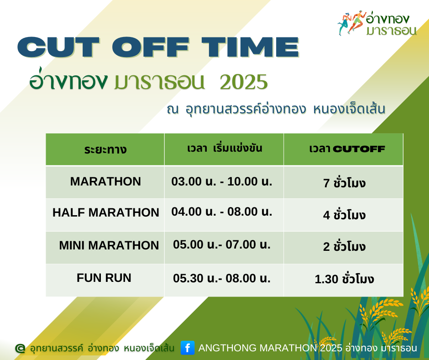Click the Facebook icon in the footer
pos(188,348)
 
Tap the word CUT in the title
pos(58,47)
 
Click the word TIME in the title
pos(251,47)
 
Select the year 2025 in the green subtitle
pos(244,82)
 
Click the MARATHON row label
pos(105,181)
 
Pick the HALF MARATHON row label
pos(106,212)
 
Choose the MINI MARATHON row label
pos(109,245)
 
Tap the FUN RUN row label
pos(104,278)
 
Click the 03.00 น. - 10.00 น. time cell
pos(222,181)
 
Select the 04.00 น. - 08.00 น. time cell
pos(222,212)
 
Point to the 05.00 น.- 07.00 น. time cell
pos(222,244)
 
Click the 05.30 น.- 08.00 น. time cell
pos(222,278)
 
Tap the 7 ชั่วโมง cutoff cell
pos(344,182)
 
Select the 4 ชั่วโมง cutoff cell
pos(344,215)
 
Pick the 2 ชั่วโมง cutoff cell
pos(344,246)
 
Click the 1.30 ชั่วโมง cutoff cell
pos(344,278)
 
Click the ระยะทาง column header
pos(105,149)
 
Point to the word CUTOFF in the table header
pos(359,149)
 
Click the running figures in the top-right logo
pos(352,22)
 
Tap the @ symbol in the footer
pos(20,348)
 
